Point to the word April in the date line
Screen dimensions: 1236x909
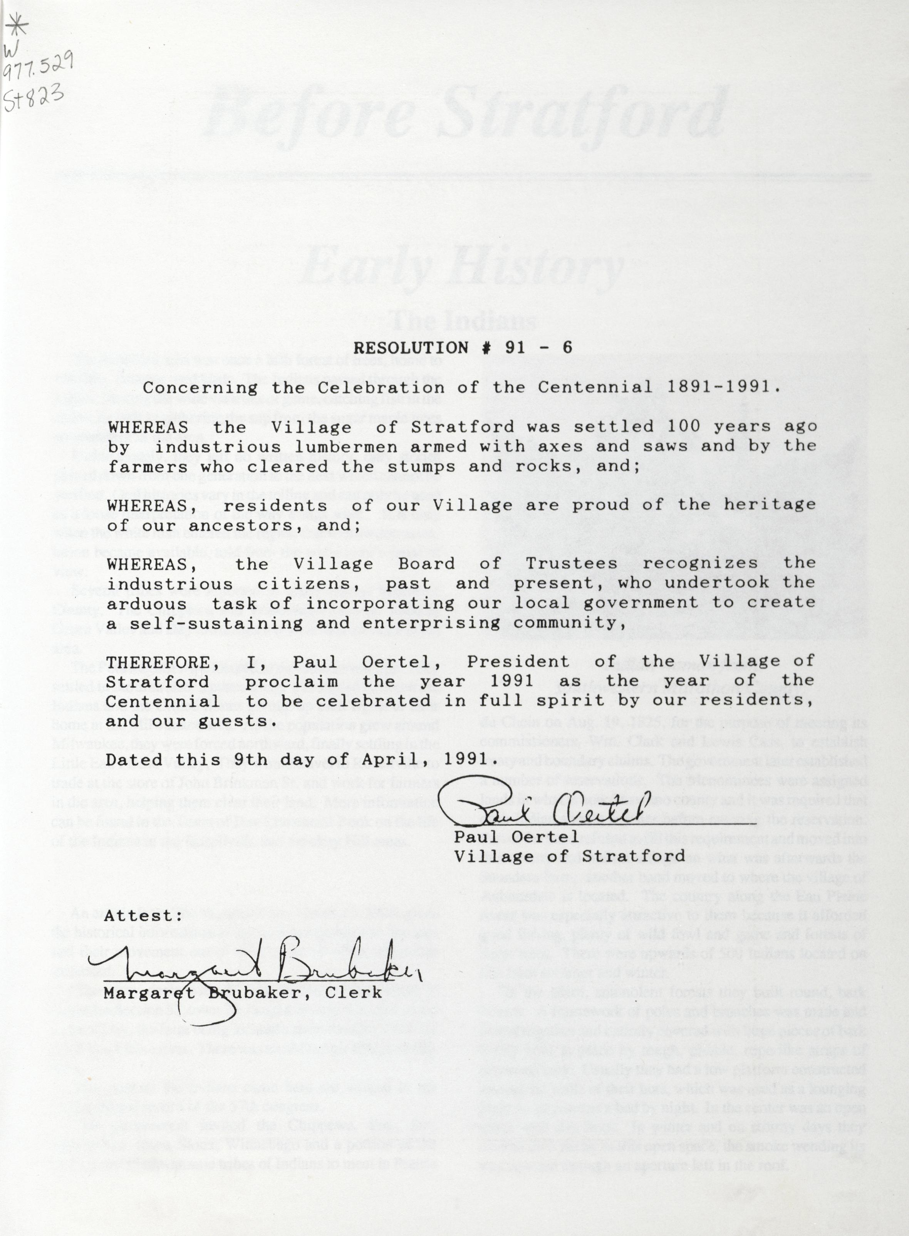coord(397,760)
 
